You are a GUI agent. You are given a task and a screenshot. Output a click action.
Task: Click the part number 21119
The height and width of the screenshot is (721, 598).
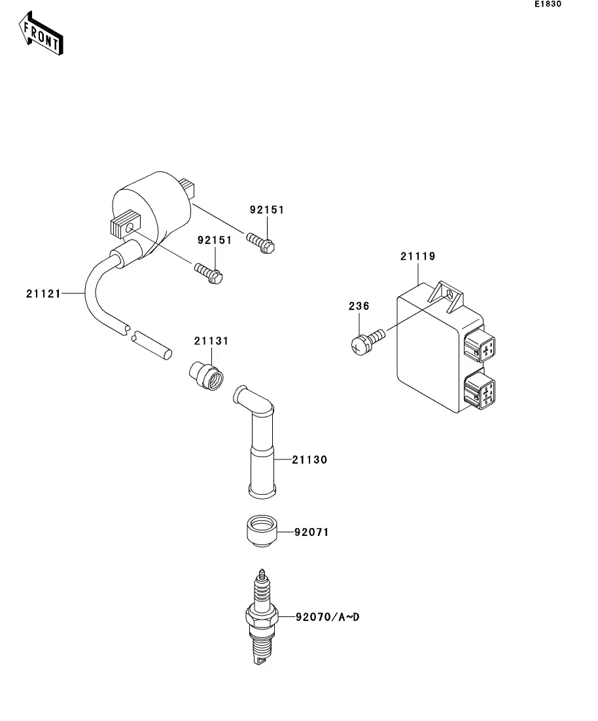point(417,256)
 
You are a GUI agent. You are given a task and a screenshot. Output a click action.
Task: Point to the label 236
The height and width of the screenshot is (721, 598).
point(358,306)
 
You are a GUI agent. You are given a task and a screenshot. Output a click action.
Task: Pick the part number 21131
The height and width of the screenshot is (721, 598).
point(211,341)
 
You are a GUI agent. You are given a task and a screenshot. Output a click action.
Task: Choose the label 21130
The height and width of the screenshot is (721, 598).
point(310,460)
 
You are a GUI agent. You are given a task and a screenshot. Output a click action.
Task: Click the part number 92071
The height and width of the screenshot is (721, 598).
point(311,533)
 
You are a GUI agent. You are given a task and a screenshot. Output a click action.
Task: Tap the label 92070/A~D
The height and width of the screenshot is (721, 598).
point(327,616)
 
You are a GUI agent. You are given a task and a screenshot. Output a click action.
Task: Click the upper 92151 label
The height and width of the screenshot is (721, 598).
point(267,210)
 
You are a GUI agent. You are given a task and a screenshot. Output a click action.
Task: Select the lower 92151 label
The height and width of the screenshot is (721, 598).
point(215,241)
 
